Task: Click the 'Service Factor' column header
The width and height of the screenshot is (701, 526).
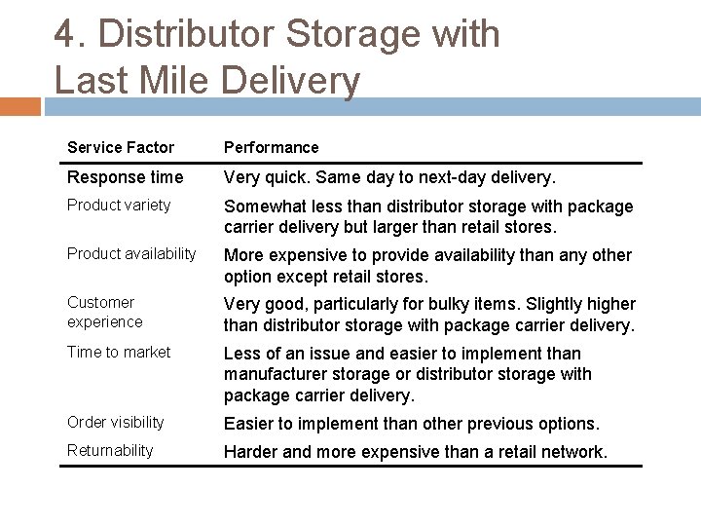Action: [x=121, y=147]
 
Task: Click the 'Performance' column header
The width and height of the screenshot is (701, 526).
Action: [x=272, y=147]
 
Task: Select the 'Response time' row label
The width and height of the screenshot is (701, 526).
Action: [x=125, y=177]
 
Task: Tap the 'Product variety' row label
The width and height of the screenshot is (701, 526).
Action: [x=119, y=206]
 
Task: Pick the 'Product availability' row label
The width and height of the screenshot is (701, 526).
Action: [x=131, y=254]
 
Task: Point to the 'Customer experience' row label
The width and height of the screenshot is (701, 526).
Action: [x=104, y=312]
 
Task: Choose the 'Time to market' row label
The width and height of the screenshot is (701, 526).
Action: [x=119, y=353]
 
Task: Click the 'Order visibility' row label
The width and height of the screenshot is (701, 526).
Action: [x=116, y=422]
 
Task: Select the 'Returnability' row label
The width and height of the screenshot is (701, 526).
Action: [x=110, y=450]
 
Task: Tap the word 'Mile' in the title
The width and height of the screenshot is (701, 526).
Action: [x=178, y=80]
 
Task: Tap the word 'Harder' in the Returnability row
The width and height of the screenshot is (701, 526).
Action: [x=253, y=451]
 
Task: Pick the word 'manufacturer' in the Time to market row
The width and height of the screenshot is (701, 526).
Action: [x=276, y=375]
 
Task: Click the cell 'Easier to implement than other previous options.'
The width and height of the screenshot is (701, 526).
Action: [x=412, y=423]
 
